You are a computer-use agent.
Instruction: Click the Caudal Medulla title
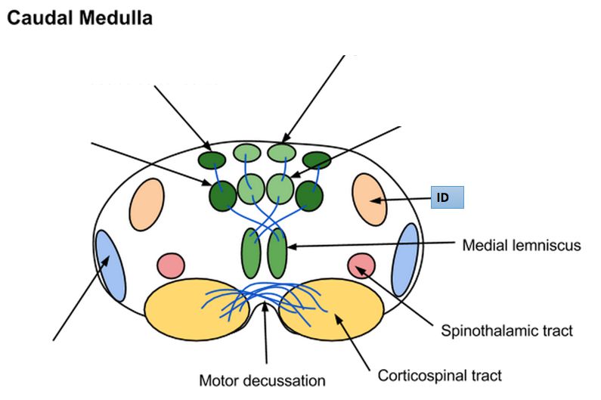pos(79,19)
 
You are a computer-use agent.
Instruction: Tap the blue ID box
pos(446,198)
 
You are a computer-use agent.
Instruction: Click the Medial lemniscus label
pos(521,245)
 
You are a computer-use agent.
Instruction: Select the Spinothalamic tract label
pos(506,330)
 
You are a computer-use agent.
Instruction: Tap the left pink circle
pos(171,265)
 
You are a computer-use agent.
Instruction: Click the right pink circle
pos(361,265)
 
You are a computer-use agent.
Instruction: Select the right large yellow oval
pos(330,308)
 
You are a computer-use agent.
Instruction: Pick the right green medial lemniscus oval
pos(277,256)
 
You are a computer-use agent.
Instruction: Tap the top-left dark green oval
pos(212,160)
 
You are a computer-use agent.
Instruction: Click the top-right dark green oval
pos(318,160)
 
